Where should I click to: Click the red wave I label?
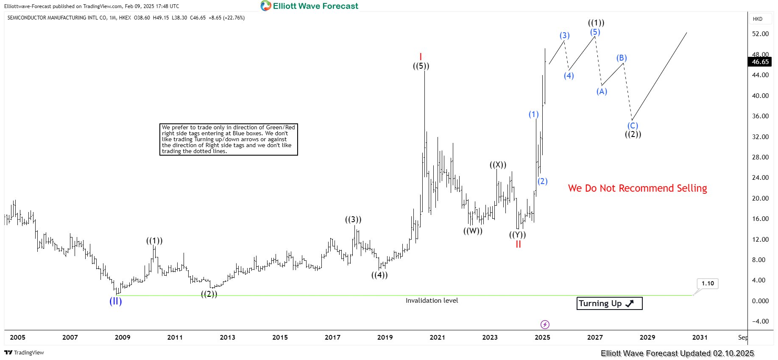coord(421,57)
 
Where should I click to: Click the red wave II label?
coord(518,244)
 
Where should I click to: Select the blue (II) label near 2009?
coord(116,301)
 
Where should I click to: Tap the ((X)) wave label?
coord(498,165)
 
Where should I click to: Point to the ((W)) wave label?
coord(473,231)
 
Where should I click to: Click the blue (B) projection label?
coord(622,58)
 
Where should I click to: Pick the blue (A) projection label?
coord(602,91)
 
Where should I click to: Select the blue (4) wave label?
coord(569,76)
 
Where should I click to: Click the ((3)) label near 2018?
coord(353,220)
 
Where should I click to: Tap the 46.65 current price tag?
coord(760,62)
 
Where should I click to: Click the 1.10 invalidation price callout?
coord(708,283)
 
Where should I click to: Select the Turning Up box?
coord(609,303)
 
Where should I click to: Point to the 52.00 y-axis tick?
coord(760,34)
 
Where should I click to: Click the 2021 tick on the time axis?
coord(437,338)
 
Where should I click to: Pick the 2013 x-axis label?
coord(227,338)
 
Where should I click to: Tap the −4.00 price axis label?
coord(760,321)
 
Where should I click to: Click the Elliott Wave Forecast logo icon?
coord(266,6)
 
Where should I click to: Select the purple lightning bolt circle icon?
coord(545,325)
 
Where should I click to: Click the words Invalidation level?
coord(432,301)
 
